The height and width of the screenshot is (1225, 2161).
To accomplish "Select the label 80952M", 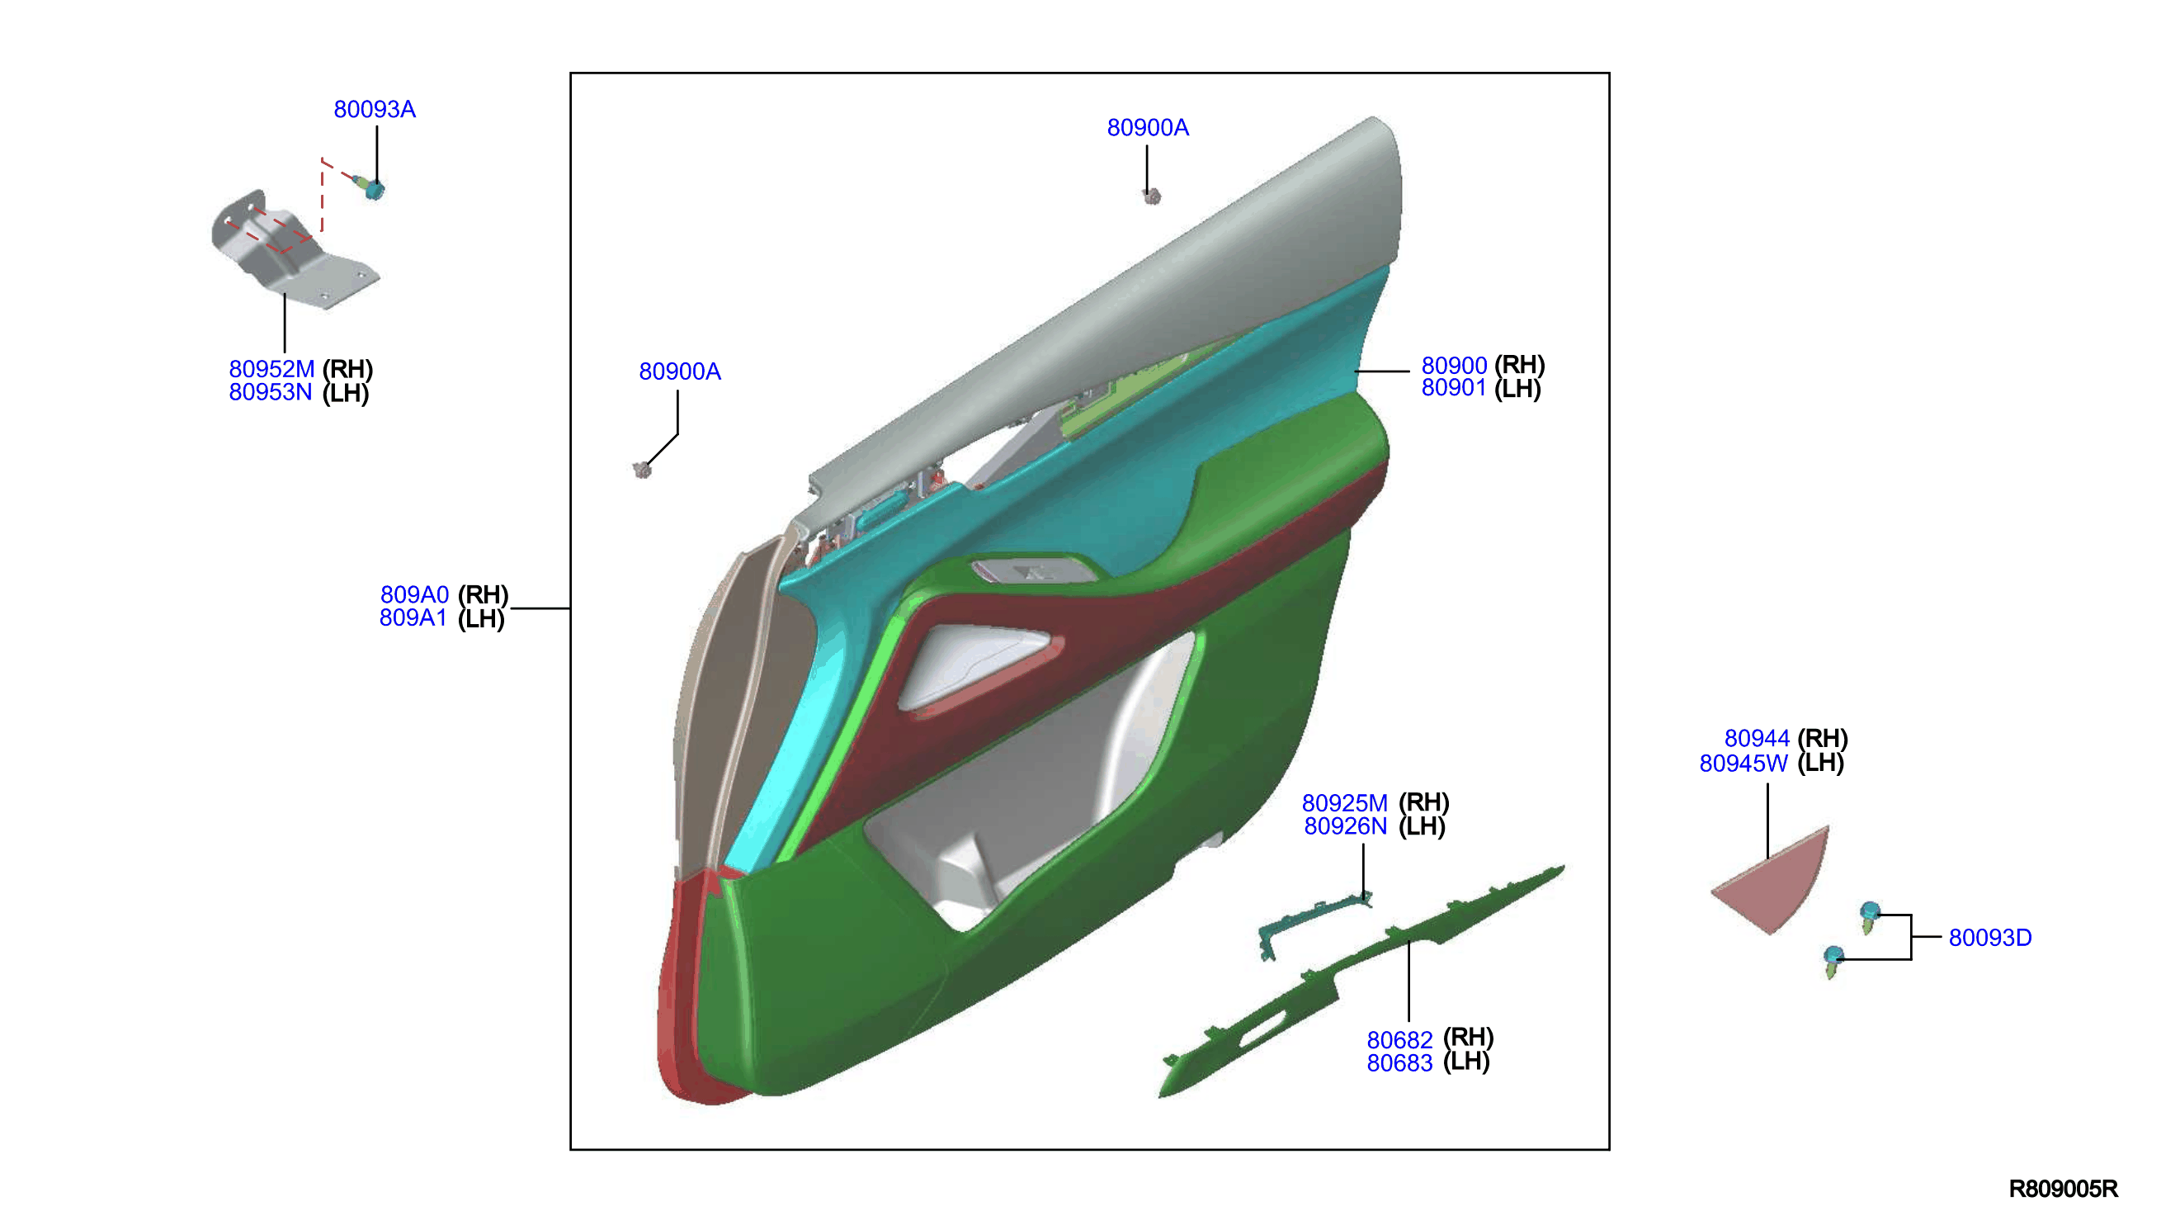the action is (271, 369).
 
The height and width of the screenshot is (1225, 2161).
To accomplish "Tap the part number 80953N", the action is (271, 392).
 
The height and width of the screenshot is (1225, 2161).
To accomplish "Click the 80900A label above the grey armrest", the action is (1148, 128).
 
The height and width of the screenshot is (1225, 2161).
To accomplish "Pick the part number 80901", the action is (1454, 388).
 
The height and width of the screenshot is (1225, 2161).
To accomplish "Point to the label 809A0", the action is (414, 595).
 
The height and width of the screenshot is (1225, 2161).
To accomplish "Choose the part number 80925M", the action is (1344, 803).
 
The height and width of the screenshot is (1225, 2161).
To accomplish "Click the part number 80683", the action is (1399, 1063).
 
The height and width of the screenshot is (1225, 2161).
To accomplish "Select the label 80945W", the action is (1743, 763).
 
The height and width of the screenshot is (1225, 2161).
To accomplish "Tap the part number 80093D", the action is (1990, 938).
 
